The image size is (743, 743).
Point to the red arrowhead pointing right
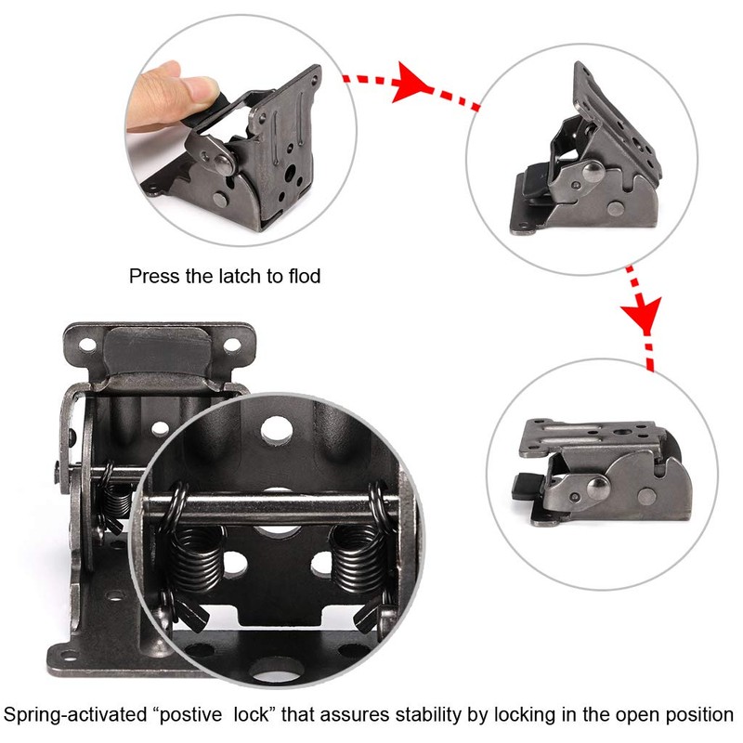[406, 84]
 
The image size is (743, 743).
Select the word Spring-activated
[71, 715]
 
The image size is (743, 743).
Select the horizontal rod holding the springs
[279, 507]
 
